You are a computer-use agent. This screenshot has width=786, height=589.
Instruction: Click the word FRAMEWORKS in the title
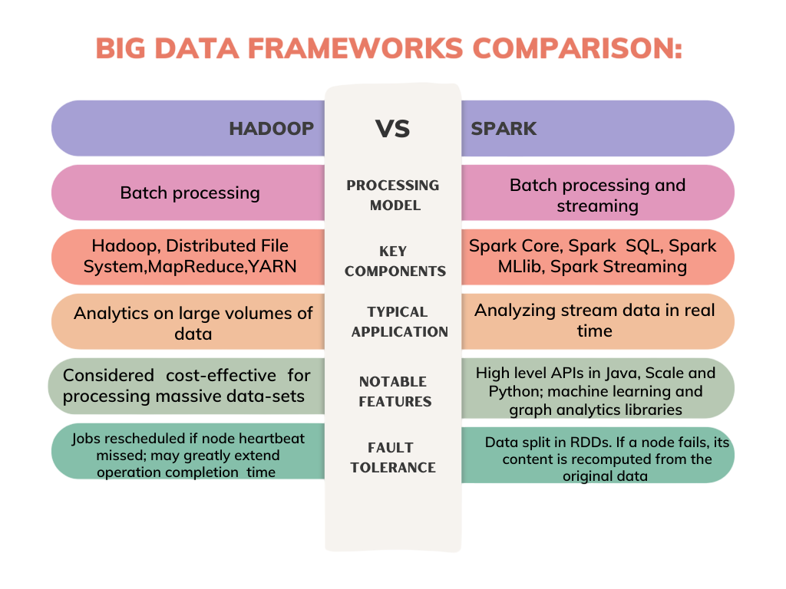click(x=355, y=48)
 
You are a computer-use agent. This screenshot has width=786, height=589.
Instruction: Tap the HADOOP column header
click(x=271, y=129)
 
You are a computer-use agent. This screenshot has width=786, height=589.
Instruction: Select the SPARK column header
click(x=504, y=129)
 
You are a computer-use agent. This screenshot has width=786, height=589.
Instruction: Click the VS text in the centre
click(x=392, y=129)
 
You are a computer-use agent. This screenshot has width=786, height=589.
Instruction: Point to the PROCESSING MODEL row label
click(x=393, y=196)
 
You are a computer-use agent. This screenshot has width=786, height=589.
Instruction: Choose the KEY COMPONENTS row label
click(x=395, y=261)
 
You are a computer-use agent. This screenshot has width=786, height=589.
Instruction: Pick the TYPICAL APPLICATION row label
click(x=399, y=321)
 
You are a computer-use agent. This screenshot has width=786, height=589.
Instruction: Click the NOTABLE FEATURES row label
click(x=395, y=392)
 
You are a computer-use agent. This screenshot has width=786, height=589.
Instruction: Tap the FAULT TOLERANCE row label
click(x=393, y=457)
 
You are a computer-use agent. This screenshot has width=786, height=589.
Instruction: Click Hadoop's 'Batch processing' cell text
click(x=190, y=193)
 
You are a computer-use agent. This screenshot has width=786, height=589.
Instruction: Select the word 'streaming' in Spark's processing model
click(x=597, y=206)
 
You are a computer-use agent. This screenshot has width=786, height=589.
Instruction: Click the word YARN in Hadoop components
click(x=272, y=266)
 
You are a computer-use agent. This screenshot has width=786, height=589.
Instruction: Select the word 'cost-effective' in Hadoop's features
click(x=221, y=375)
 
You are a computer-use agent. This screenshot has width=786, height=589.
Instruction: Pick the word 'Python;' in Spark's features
click(x=510, y=392)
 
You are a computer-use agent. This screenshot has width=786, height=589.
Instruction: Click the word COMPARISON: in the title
click(x=577, y=48)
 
